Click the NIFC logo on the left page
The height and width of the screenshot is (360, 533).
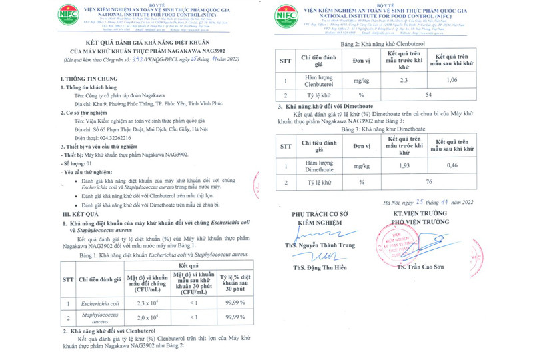click(x=68, y=15)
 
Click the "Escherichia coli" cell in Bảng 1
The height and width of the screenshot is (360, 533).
click(x=99, y=303)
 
